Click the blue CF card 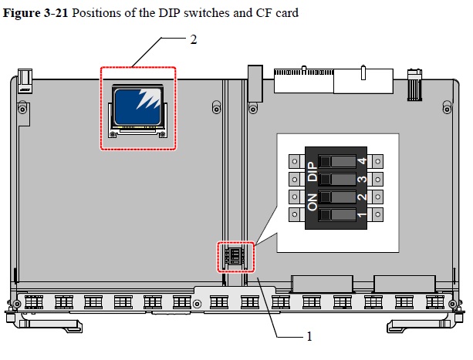coord(139,106)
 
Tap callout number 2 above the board coord(193,39)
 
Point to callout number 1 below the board coord(309,336)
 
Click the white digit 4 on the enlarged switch coord(362,162)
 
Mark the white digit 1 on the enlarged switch coord(362,214)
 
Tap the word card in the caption coord(285,12)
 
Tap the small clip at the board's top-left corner coord(25,78)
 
